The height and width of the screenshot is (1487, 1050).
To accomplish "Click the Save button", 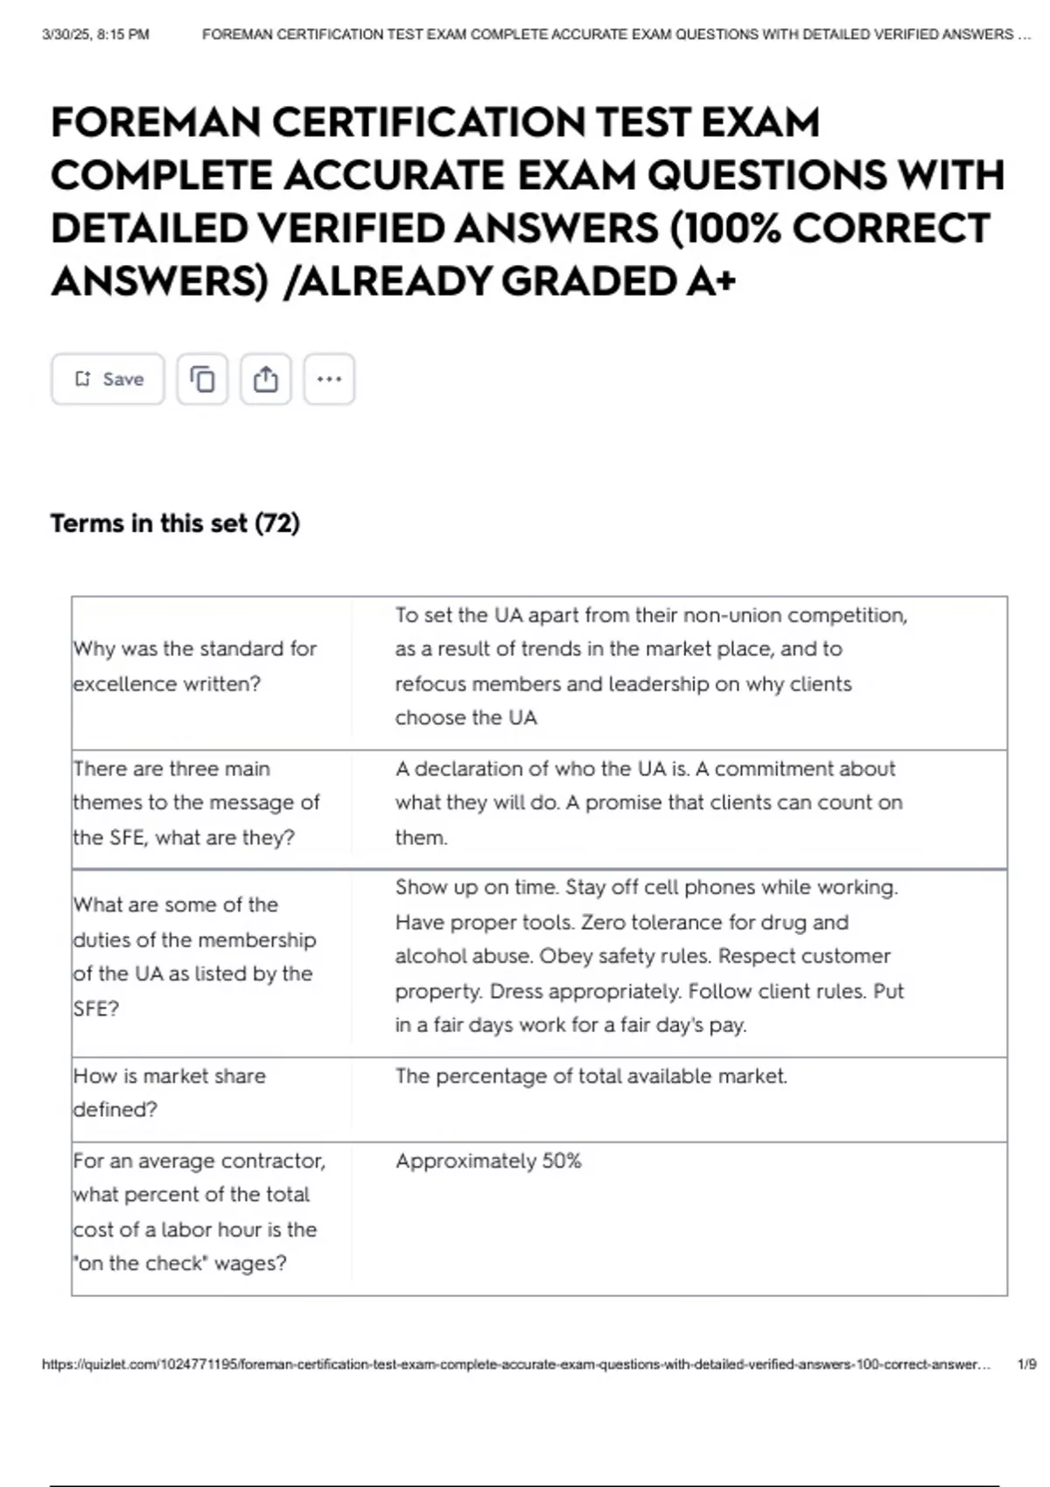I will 108,379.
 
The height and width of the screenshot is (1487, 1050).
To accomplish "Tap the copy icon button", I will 202,379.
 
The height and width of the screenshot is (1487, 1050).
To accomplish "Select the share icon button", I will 266,379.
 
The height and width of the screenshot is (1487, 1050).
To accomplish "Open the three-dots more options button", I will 329,379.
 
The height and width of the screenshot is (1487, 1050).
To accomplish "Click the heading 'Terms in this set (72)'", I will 175,523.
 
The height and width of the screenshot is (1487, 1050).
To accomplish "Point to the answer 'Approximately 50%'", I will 488,1161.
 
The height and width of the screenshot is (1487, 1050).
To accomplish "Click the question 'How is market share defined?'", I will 169,1093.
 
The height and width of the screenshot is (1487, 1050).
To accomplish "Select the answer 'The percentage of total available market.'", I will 591,1076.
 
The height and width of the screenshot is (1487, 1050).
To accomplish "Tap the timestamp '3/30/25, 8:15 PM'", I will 95,35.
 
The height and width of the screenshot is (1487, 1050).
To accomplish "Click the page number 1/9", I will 1026,1364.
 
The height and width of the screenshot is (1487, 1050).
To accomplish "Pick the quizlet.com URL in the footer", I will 516,1364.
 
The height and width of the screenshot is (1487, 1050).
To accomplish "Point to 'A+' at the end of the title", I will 711,282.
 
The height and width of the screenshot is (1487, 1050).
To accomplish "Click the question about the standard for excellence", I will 194,666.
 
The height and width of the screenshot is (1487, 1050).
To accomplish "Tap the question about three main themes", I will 196,802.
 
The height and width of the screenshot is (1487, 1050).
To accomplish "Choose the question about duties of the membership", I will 194,956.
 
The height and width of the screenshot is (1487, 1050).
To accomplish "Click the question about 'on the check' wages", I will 199,1211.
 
